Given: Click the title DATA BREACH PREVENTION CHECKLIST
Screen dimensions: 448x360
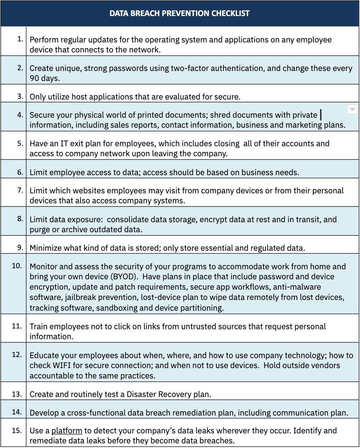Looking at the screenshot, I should point(180,14).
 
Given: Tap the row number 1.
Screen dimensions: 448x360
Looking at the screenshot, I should point(20,39).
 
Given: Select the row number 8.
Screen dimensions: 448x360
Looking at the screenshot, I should point(20,219).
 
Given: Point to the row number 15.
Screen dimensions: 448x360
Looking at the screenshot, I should point(17,430).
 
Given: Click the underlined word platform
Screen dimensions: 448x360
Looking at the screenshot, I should point(67,431).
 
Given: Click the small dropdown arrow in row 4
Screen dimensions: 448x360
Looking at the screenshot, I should point(352,109).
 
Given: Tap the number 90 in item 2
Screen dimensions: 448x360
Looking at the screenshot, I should point(34,78).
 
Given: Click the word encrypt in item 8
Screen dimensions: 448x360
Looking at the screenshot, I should point(213,219).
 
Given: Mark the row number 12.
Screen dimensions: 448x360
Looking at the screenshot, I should point(17,355).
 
